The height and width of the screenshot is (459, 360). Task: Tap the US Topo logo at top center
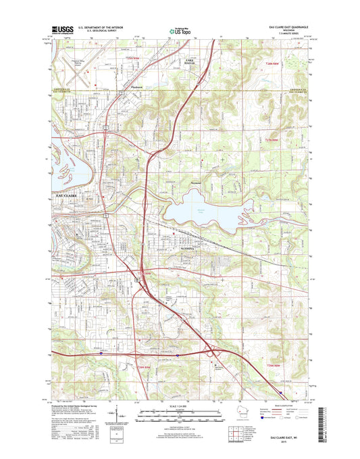pos(180,30)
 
